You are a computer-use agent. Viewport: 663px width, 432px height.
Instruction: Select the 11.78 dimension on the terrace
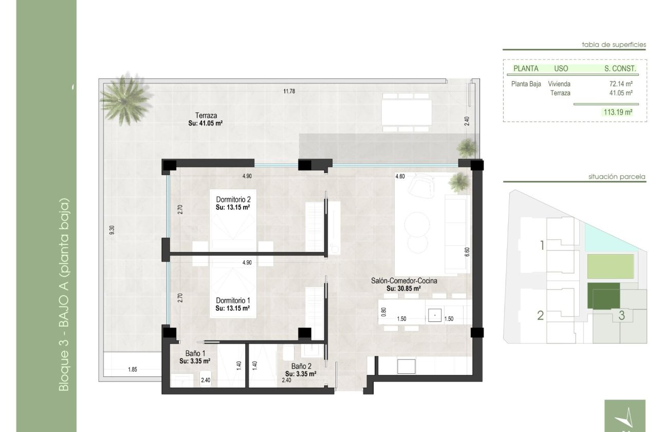[x=290, y=92]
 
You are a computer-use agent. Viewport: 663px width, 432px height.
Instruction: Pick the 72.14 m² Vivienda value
[x=621, y=84]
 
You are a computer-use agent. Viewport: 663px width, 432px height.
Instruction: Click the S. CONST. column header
[x=620, y=68]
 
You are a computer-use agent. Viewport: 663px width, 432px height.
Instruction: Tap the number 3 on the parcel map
[x=621, y=315]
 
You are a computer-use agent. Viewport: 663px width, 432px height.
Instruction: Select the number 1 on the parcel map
[x=542, y=245]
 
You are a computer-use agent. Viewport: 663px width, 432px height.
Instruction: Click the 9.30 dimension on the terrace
[x=112, y=230]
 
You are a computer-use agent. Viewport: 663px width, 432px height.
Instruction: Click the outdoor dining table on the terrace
[x=407, y=113]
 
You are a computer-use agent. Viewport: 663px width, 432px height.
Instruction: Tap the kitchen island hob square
[x=434, y=314]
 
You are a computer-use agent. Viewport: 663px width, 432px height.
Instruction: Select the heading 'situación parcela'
[x=617, y=177]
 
